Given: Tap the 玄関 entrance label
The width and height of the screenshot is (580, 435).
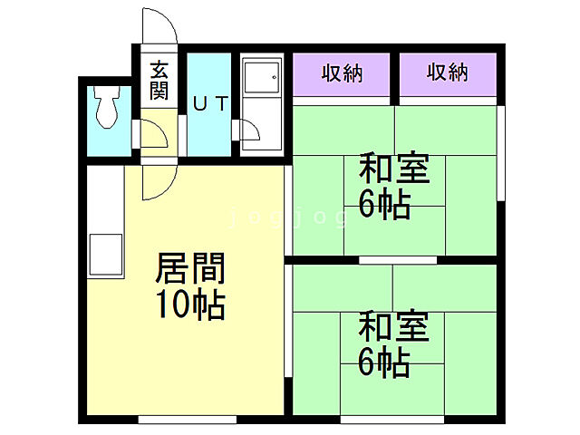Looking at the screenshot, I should [x=159, y=80].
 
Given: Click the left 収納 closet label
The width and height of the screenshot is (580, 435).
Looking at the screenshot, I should [x=341, y=73].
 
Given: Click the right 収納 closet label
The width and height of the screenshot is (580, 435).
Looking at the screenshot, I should [x=448, y=73].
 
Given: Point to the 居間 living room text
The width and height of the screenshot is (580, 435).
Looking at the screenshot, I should [x=190, y=269].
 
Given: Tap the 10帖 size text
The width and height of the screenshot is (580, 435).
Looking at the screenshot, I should [x=190, y=305].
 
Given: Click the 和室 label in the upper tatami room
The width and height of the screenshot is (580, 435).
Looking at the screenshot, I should [x=394, y=169].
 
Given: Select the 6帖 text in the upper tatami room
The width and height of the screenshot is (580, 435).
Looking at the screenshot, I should [x=385, y=205].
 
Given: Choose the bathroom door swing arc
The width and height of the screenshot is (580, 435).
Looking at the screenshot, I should [x=252, y=133].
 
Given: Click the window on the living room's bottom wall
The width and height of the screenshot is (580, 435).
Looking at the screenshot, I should [x=187, y=419].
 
